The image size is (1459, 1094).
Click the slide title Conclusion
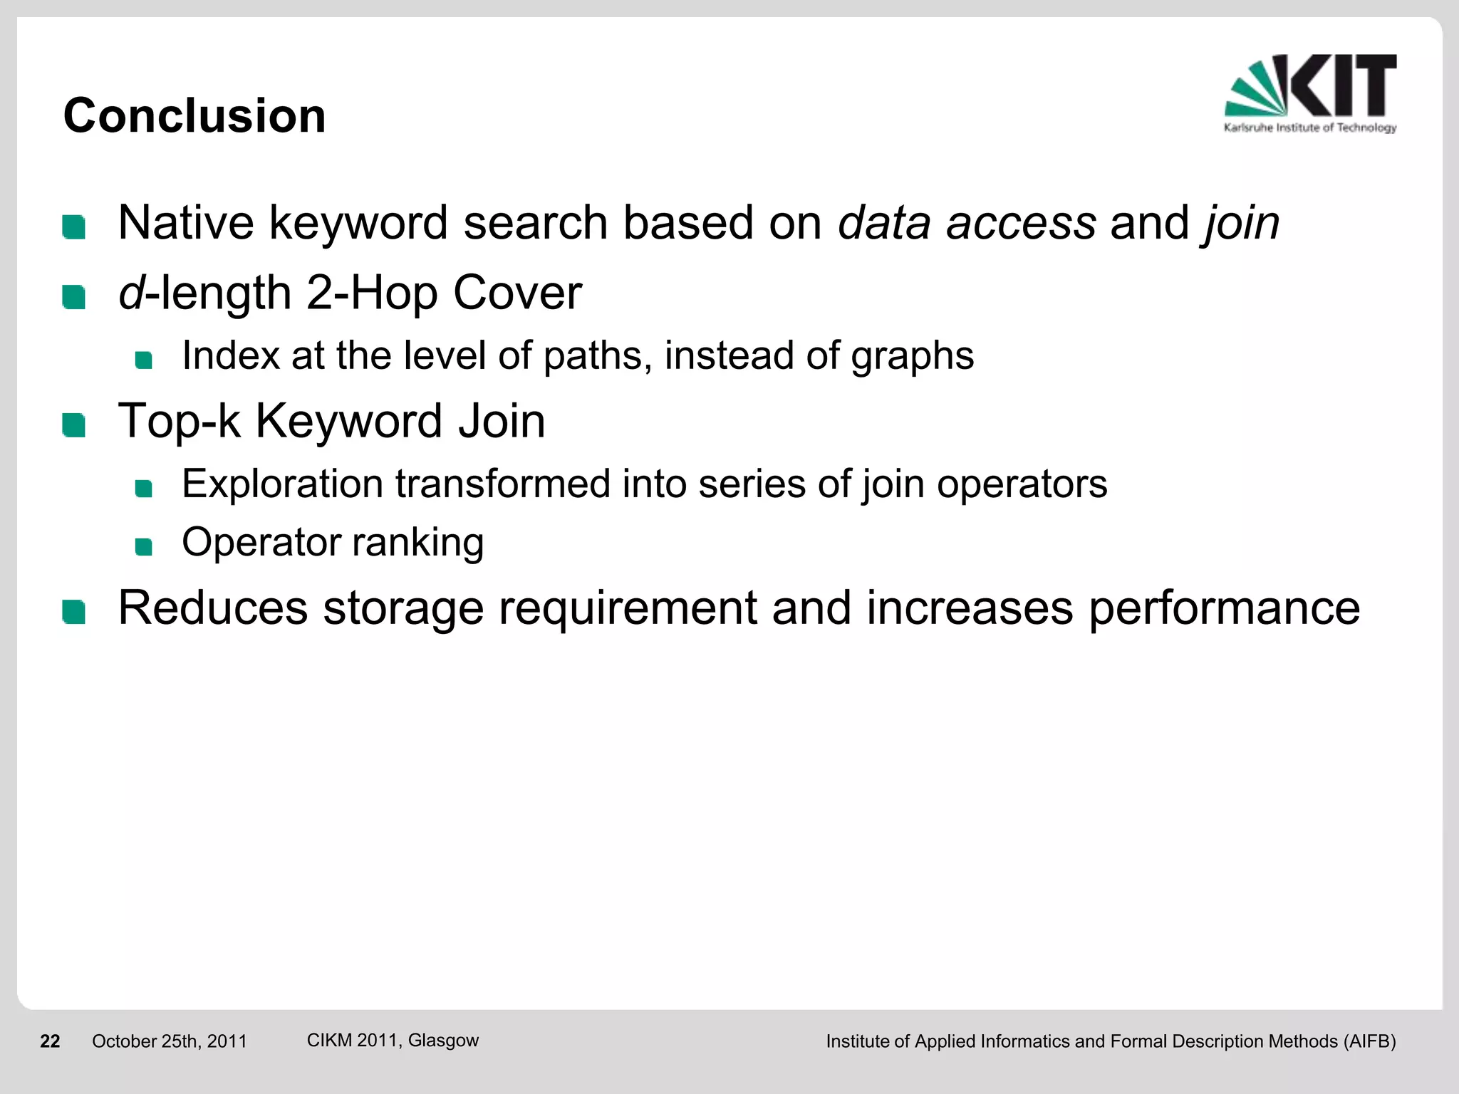click(194, 115)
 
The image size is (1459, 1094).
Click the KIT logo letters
click(1343, 85)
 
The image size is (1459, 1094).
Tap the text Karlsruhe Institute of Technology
click(1310, 128)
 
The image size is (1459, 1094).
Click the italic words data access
click(966, 223)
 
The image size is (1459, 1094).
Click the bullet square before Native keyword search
click(74, 227)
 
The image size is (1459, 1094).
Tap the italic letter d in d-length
click(131, 293)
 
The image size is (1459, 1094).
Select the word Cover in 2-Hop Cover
click(517, 293)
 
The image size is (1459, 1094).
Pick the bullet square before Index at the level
click(144, 360)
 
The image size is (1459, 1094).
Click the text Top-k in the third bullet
click(179, 421)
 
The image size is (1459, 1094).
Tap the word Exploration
click(282, 484)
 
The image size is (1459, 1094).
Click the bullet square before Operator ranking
click(144, 546)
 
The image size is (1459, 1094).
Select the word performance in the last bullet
click(1224, 609)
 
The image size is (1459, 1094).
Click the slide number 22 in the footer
click(50, 1041)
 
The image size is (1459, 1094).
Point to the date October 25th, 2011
click(170, 1041)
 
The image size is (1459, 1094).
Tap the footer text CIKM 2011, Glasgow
click(393, 1040)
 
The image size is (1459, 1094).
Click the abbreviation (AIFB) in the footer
click(1369, 1041)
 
